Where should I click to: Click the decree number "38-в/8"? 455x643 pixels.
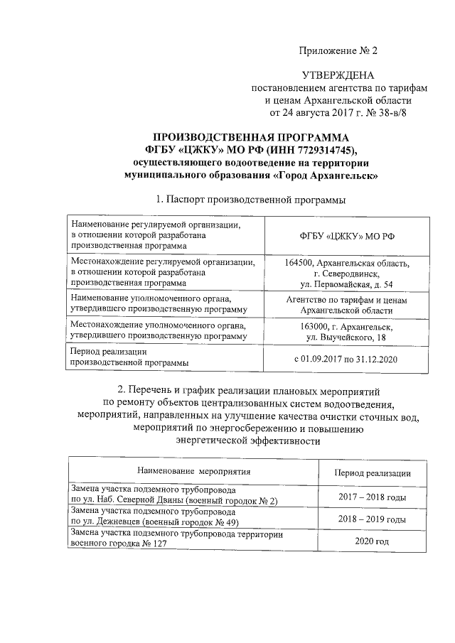pos(394,112)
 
